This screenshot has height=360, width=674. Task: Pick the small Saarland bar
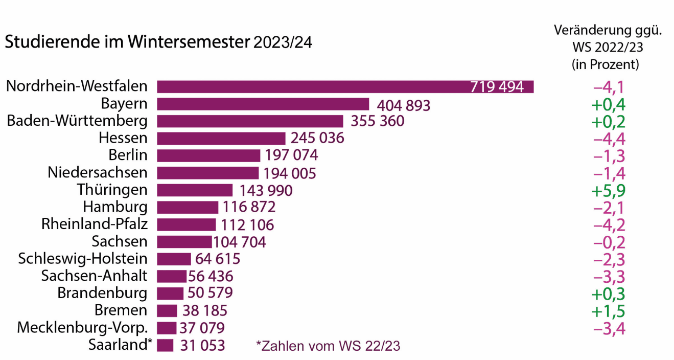(x=165, y=345)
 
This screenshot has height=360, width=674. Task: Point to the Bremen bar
(x=167, y=310)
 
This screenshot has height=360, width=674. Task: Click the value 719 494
(x=497, y=87)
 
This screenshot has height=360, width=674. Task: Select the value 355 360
(x=377, y=121)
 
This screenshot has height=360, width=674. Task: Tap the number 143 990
(x=266, y=190)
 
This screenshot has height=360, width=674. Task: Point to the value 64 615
(x=218, y=259)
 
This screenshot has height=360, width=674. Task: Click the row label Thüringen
(x=112, y=190)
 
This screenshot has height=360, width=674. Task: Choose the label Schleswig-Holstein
(x=82, y=259)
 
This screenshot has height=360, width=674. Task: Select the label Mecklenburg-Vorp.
(x=82, y=327)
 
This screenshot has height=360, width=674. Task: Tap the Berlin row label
(x=128, y=155)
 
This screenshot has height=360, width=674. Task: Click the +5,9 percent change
(x=608, y=190)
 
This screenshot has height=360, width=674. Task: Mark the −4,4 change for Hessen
(x=609, y=139)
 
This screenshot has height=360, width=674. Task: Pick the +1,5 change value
(x=608, y=311)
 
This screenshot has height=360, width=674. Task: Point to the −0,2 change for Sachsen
(x=609, y=242)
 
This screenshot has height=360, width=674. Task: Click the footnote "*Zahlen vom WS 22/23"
(x=328, y=346)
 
